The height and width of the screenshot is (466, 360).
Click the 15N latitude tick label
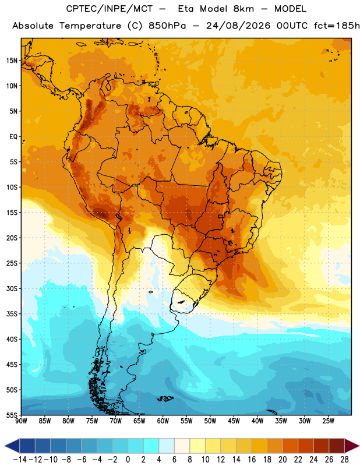(12, 61)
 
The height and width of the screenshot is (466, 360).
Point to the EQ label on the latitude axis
(13, 137)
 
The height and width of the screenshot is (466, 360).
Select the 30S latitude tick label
(12, 288)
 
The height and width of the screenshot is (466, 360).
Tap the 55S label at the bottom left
(12, 415)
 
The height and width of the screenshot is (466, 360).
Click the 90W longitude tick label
(21, 421)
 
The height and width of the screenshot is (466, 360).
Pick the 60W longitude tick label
(163, 421)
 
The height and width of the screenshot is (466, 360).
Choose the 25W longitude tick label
(328, 421)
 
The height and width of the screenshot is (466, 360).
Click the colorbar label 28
(344, 460)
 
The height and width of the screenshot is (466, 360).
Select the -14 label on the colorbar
(20, 460)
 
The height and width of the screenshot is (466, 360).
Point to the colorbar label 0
(128, 460)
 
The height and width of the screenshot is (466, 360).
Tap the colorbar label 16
(252, 460)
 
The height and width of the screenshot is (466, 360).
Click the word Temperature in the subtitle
(90, 26)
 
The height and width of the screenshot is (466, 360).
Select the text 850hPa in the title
(167, 26)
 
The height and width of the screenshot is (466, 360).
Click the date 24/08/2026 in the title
(238, 26)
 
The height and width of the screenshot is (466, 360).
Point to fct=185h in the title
(337, 26)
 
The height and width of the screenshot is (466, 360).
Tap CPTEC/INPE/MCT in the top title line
(110, 9)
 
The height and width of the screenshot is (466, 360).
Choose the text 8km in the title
(243, 9)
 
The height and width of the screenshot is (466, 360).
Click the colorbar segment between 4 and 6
(167, 446)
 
